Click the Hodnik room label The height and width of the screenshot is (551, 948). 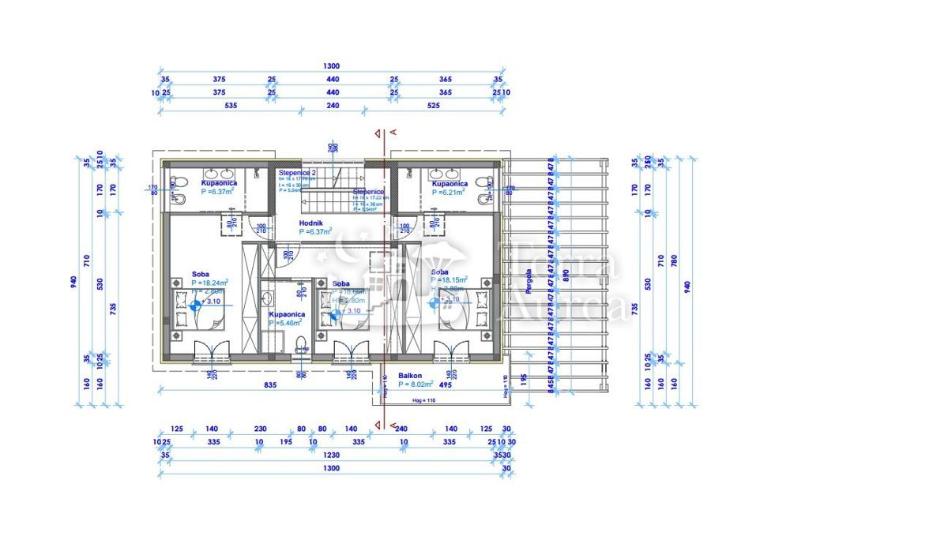tap(309, 223)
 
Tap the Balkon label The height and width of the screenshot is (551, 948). tap(410, 376)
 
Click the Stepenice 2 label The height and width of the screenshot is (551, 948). tap(297, 172)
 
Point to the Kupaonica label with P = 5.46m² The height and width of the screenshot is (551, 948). tap(286, 314)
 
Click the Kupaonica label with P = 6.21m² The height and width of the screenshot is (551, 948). tap(450, 184)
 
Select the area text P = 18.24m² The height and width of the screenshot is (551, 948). tap(209, 282)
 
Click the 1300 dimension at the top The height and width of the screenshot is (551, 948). tap(331, 66)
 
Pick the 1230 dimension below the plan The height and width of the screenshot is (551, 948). tap(331, 455)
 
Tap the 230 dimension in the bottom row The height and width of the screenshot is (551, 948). tap(261, 429)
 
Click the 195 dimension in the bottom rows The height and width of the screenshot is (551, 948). tap(286, 442)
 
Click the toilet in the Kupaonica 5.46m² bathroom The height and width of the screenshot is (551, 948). tap(300, 343)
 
